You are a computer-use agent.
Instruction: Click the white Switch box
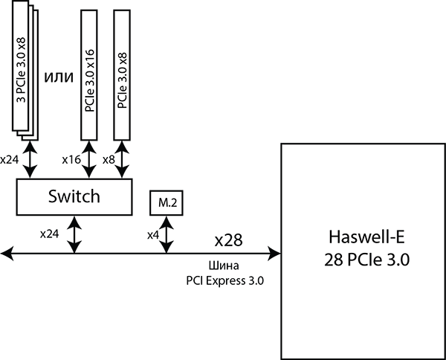tap(74, 197)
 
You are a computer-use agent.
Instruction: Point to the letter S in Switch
tap(52, 197)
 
